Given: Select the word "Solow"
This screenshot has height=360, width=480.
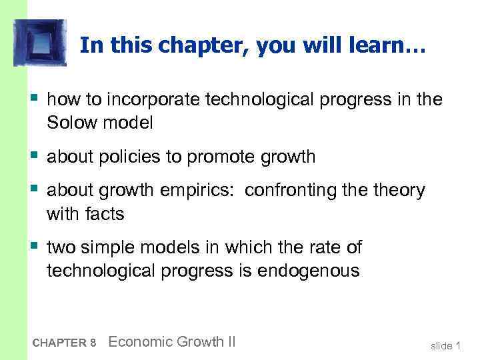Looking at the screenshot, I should [71, 122].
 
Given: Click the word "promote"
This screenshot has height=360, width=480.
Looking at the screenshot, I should [225, 157].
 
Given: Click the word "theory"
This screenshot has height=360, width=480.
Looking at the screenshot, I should [397, 191].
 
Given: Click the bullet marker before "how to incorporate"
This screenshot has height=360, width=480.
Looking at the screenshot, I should [33, 100].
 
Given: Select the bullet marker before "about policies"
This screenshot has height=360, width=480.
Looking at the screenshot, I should [33, 157].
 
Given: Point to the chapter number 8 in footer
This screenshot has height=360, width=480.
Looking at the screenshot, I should [93, 343].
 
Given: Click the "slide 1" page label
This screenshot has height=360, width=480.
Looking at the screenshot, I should [446, 345].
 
